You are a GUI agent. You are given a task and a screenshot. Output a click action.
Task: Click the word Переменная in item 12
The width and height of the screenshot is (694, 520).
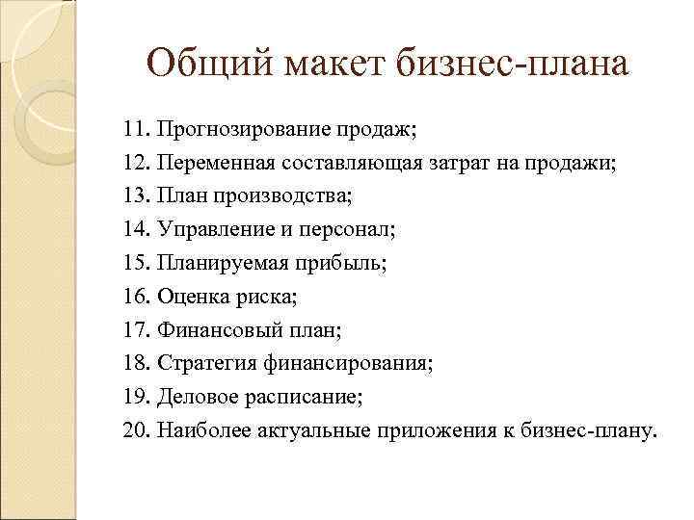pyautogui.click(x=214, y=163)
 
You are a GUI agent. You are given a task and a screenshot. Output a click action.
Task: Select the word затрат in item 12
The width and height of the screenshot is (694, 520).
pyautogui.click(x=458, y=163)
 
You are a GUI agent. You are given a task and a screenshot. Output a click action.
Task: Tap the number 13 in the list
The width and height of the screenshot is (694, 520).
pyautogui.click(x=136, y=196)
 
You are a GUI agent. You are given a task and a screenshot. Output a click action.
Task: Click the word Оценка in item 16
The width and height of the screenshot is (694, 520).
pyautogui.click(x=194, y=298)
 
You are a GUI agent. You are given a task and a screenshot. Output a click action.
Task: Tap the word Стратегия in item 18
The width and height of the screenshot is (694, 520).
pyautogui.click(x=207, y=365)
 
